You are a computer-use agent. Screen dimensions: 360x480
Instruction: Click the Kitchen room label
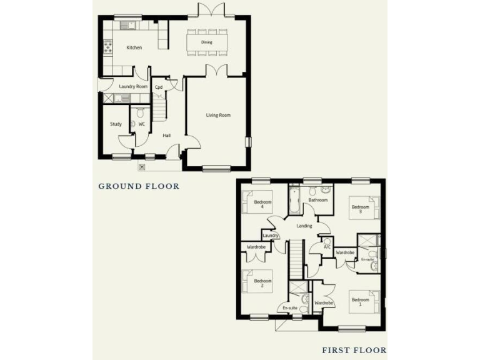134,47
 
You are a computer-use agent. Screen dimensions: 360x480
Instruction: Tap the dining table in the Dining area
207,42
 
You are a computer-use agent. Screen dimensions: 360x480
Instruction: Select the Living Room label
219,115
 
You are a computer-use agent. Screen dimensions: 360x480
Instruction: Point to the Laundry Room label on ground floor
133,86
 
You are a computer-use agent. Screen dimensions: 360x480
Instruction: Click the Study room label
116,124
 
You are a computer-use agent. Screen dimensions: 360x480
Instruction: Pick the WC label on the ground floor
142,124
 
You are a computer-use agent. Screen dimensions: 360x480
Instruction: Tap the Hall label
167,135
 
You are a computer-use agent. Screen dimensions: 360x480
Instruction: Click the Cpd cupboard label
159,87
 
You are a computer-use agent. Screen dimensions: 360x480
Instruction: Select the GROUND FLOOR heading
139,186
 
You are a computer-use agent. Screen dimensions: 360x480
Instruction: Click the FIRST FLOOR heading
354,351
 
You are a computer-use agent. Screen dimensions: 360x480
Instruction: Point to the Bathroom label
318,200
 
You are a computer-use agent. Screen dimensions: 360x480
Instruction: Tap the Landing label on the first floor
304,226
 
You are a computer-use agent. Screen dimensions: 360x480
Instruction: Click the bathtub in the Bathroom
294,200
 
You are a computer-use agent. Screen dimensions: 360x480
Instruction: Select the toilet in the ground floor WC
140,113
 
